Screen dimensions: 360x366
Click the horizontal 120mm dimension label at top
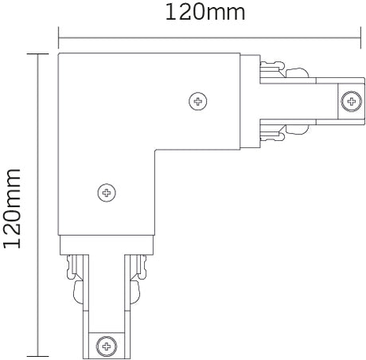pos(204,13)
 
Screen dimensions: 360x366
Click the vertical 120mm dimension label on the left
pos(14,205)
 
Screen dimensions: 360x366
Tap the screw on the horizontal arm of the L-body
pos(197,100)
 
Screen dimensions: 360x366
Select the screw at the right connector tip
pos(349,100)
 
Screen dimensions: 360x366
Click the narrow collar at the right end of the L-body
pos(250,100)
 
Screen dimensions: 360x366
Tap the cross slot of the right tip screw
pos(349,100)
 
